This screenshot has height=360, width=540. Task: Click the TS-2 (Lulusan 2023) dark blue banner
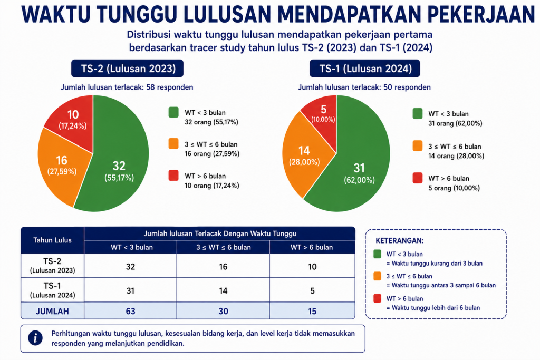128,69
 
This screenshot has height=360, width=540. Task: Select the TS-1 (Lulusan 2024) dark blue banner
365,69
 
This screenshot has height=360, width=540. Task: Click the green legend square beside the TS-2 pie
173,112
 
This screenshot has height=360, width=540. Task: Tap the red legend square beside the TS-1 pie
418,178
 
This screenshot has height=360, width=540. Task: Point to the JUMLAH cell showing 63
131,311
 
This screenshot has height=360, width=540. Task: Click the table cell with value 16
223,266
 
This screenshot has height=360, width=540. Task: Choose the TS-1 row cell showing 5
312,290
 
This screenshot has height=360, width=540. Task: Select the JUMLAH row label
52,311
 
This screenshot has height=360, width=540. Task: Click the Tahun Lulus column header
52,240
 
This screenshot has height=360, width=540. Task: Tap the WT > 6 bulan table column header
312,247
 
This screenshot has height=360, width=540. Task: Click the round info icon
35,338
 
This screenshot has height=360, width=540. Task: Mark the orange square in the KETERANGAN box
378,276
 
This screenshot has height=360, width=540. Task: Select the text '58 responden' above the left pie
170,87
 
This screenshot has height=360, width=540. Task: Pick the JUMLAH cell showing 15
312,311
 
